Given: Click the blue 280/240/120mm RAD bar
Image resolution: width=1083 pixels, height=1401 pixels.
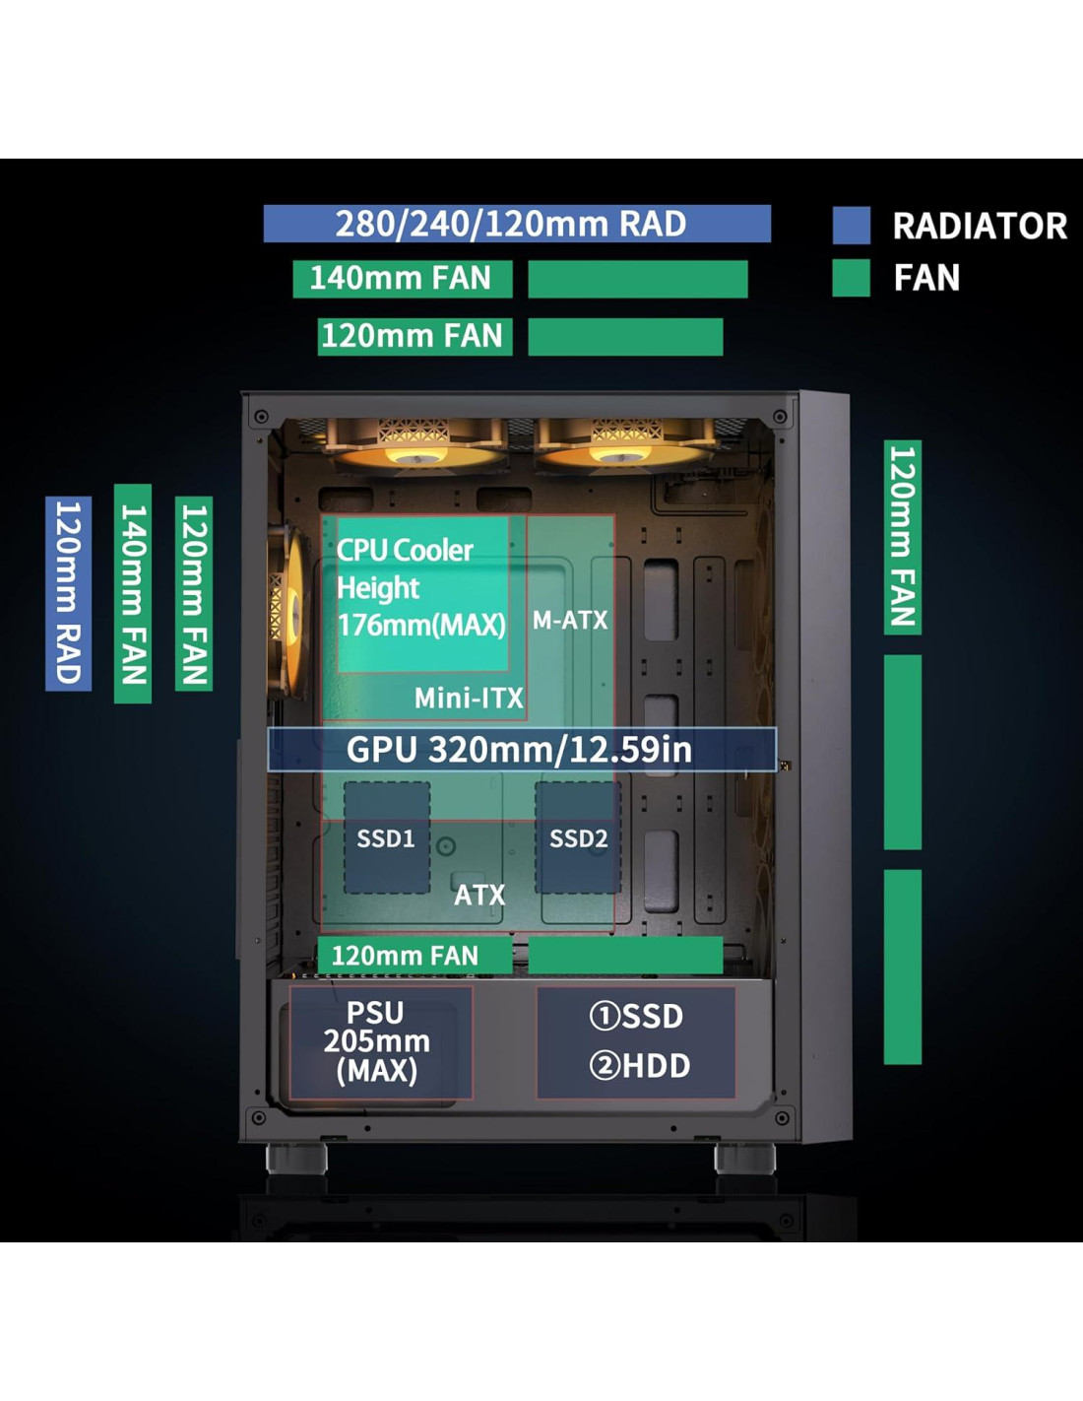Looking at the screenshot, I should point(516,224).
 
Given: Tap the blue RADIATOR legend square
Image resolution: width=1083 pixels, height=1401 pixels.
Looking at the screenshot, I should point(851,226).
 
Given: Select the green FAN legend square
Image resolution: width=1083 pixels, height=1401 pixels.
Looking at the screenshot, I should point(851,278).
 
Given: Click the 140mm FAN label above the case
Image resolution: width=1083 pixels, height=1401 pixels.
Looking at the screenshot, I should point(402,279).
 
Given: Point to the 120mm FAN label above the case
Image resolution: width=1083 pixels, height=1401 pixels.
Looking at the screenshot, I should point(414,336).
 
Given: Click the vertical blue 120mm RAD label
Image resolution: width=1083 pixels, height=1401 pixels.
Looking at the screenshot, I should point(68,593).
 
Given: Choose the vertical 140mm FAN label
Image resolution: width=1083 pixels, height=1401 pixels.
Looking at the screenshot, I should point(133,593).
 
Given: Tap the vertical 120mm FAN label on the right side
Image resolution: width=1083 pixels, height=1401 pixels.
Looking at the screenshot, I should point(902,537).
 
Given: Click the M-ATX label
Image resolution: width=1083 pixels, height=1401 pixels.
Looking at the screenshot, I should point(570,621).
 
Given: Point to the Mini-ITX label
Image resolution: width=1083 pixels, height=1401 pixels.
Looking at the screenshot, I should point(469,699).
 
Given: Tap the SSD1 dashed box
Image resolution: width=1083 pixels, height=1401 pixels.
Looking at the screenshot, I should point(386,838).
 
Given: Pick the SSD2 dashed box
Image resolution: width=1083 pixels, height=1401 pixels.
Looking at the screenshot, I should point(578,838).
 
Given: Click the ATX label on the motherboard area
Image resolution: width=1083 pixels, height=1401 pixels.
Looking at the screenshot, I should point(479,895).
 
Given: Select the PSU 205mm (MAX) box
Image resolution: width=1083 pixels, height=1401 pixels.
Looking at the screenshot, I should point(378,1042).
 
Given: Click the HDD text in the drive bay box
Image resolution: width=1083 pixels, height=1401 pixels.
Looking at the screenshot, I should point(640,1066).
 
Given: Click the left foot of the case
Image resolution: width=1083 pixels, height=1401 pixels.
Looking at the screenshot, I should point(295,1157).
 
